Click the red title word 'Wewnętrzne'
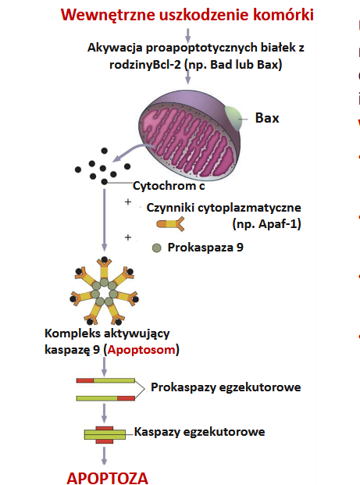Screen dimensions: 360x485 (x=108, y=15)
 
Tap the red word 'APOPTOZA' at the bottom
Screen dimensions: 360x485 (x=107, y=477)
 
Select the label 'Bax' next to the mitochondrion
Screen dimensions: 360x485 (x=267, y=118)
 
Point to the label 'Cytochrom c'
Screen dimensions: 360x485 (x=169, y=186)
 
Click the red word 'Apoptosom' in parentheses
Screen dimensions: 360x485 (x=141, y=350)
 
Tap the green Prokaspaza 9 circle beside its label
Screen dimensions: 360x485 (x=157, y=248)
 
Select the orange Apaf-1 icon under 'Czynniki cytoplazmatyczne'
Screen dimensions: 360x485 (x=170, y=224)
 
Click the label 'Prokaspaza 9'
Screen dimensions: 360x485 (x=205, y=247)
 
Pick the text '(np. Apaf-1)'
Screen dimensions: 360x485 (x=266, y=223)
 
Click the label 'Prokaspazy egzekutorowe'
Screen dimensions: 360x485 (x=226, y=387)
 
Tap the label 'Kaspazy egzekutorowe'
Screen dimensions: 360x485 (x=199, y=432)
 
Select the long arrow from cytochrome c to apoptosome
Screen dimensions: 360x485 (x=104, y=219)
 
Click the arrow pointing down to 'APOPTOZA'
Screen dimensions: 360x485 (x=104, y=455)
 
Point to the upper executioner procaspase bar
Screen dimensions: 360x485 (x=105, y=380)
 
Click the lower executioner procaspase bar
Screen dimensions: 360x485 (x=105, y=398)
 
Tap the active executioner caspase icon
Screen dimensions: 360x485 (x=105, y=434)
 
